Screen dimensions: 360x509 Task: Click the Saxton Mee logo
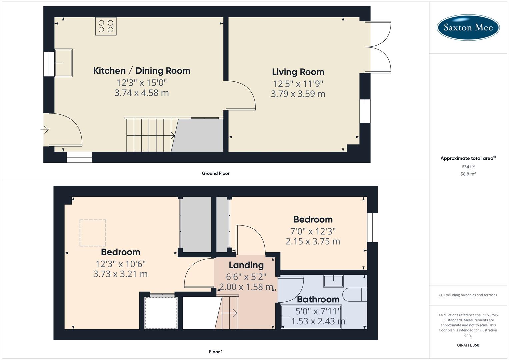click(x=468, y=27)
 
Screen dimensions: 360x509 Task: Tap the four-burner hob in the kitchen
click(x=106, y=26)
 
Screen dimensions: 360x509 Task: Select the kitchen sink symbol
click(x=63, y=63)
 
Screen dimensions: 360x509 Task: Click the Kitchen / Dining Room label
click(x=142, y=71)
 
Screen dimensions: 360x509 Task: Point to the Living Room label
click(x=298, y=72)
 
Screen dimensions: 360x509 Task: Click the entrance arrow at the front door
click(x=45, y=130)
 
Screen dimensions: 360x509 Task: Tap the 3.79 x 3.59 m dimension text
click(x=298, y=94)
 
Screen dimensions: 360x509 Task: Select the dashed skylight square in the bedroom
click(x=93, y=233)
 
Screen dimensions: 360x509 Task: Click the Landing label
click(x=246, y=265)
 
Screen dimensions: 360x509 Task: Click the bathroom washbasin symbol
click(x=333, y=281)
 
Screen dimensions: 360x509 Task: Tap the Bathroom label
click(x=318, y=299)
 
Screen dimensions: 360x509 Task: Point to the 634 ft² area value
click(x=468, y=167)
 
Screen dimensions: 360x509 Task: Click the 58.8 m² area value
click(x=468, y=174)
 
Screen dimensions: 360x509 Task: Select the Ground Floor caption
click(x=216, y=173)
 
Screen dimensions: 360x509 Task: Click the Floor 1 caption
click(x=216, y=352)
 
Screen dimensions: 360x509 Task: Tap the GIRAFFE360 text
click(x=468, y=345)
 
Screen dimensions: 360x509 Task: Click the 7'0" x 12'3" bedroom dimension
click(x=313, y=231)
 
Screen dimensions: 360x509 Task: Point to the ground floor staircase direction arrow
click(x=173, y=135)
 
